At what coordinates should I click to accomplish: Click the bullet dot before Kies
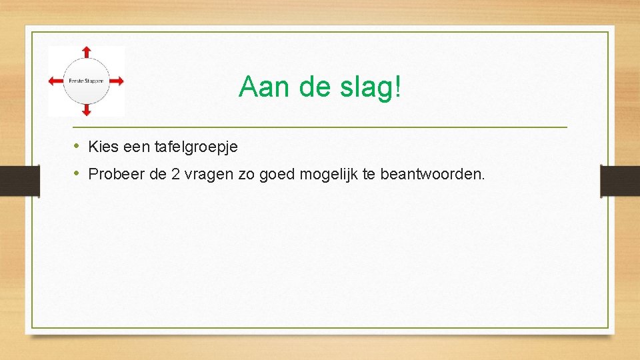click(x=77, y=146)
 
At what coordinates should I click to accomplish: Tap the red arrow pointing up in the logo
click(x=86, y=54)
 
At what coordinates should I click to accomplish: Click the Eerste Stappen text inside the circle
click(x=86, y=81)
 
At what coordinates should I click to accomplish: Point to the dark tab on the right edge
click(x=620, y=180)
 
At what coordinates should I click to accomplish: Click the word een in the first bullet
click(x=137, y=147)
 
